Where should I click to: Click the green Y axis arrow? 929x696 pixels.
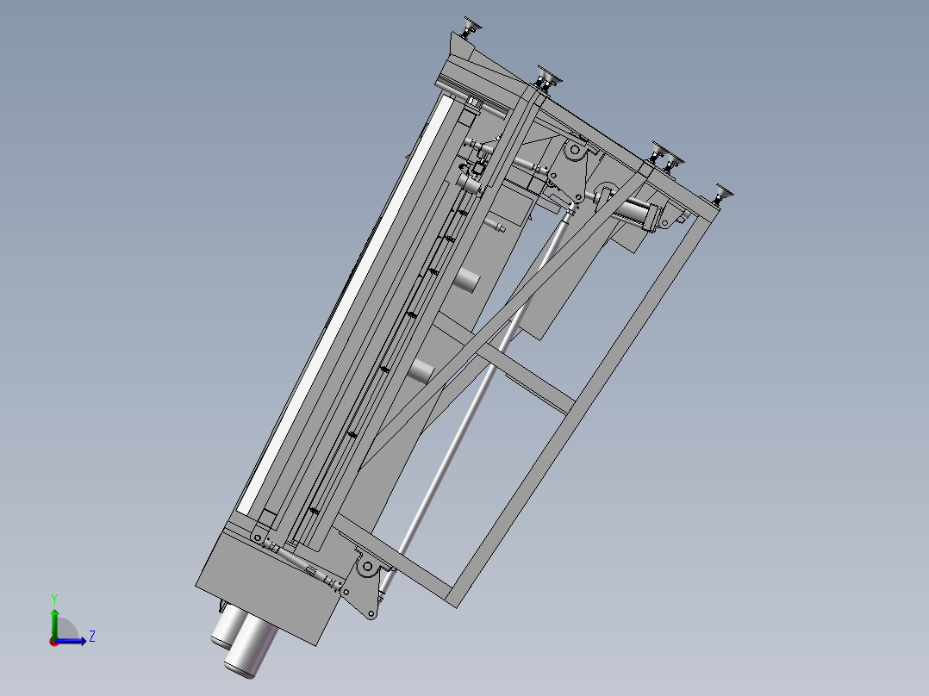pyautogui.click(x=54, y=622)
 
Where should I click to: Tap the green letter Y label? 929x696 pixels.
pyautogui.click(x=53, y=598)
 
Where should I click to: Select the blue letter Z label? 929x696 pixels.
pyautogui.click(x=91, y=637)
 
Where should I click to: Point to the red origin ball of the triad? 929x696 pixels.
pyautogui.click(x=53, y=642)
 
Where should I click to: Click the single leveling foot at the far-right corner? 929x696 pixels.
pyautogui.click(x=722, y=194)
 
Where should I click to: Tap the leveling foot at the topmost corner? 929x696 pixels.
pyautogui.click(x=471, y=28)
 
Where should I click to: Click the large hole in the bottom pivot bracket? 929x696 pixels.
pyautogui.click(x=367, y=568)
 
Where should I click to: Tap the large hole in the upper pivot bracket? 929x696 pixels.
pyautogui.click(x=571, y=151)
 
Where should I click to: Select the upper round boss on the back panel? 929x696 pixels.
pyautogui.click(x=468, y=279)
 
